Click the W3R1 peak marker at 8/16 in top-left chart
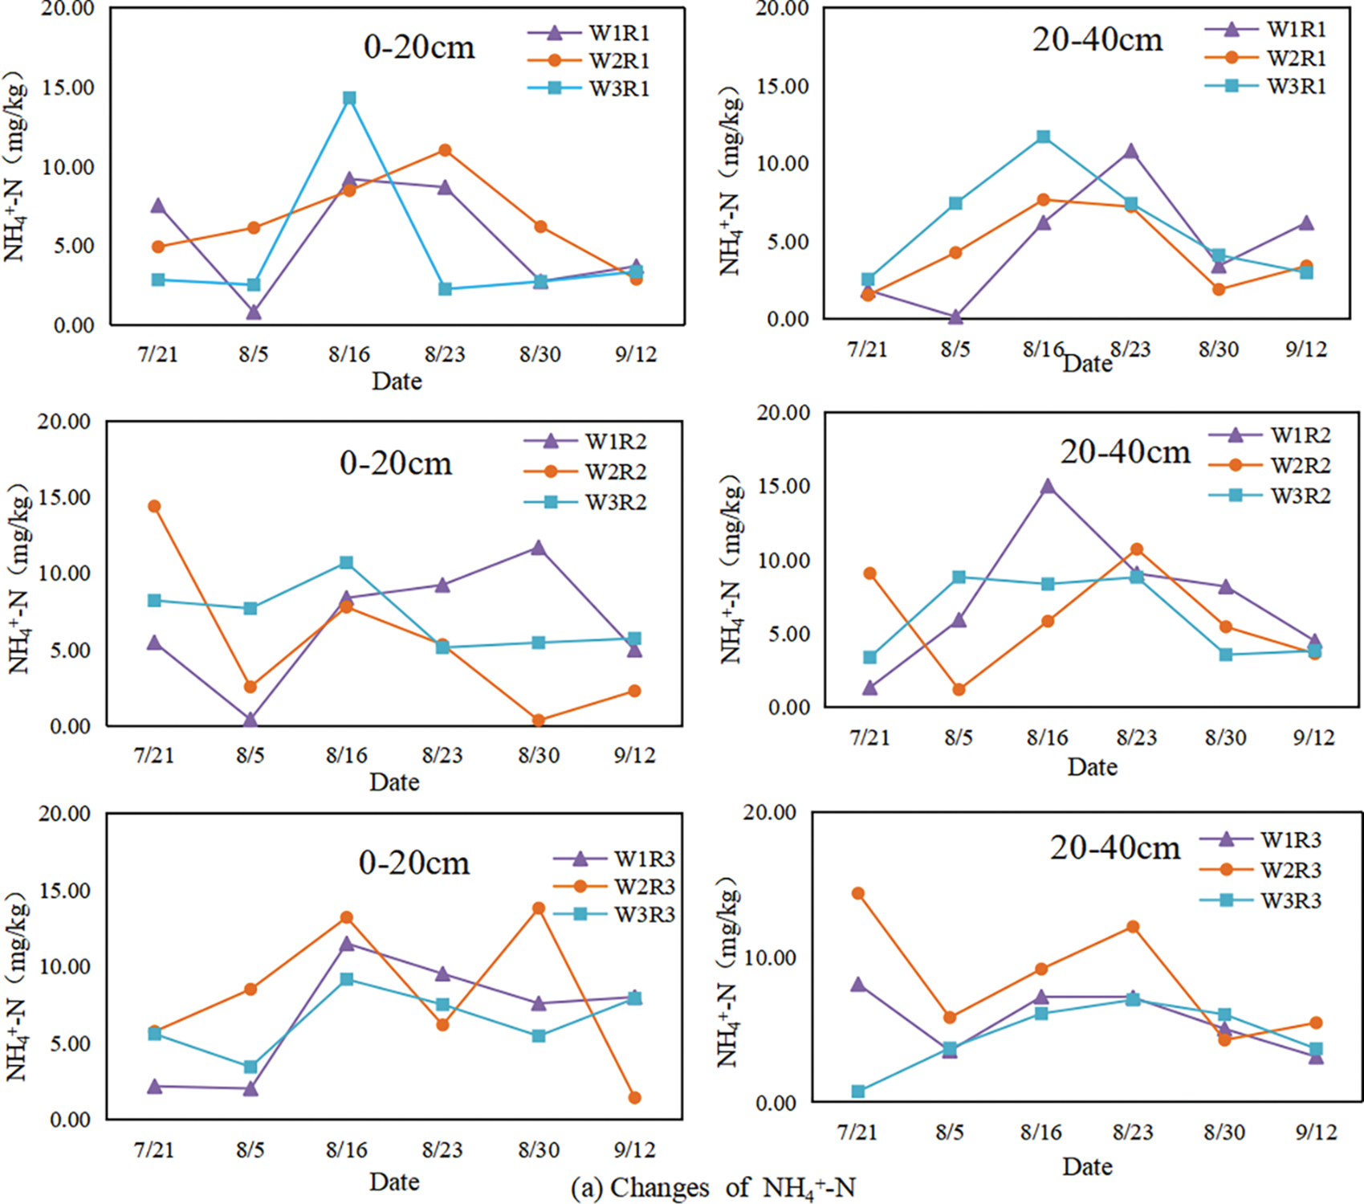point(349,98)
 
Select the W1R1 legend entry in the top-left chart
point(618,33)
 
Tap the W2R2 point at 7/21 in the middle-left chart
point(154,506)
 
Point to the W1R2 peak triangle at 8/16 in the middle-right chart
point(1047,487)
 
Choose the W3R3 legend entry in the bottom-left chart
point(644,914)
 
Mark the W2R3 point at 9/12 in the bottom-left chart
point(634,1098)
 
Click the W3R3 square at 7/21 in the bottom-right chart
point(858,1092)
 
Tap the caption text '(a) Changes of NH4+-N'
point(713,1188)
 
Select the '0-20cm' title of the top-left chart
point(419,47)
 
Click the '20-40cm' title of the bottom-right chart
point(1115,848)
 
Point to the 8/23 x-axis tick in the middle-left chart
point(442,755)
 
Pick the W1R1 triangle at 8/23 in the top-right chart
point(1130,152)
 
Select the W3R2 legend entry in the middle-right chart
point(1300,496)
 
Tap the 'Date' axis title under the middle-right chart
point(1092,767)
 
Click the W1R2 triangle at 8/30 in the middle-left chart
point(538,549)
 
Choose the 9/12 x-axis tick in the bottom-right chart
point(1316,1133)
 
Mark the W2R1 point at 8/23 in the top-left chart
point(445,150)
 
